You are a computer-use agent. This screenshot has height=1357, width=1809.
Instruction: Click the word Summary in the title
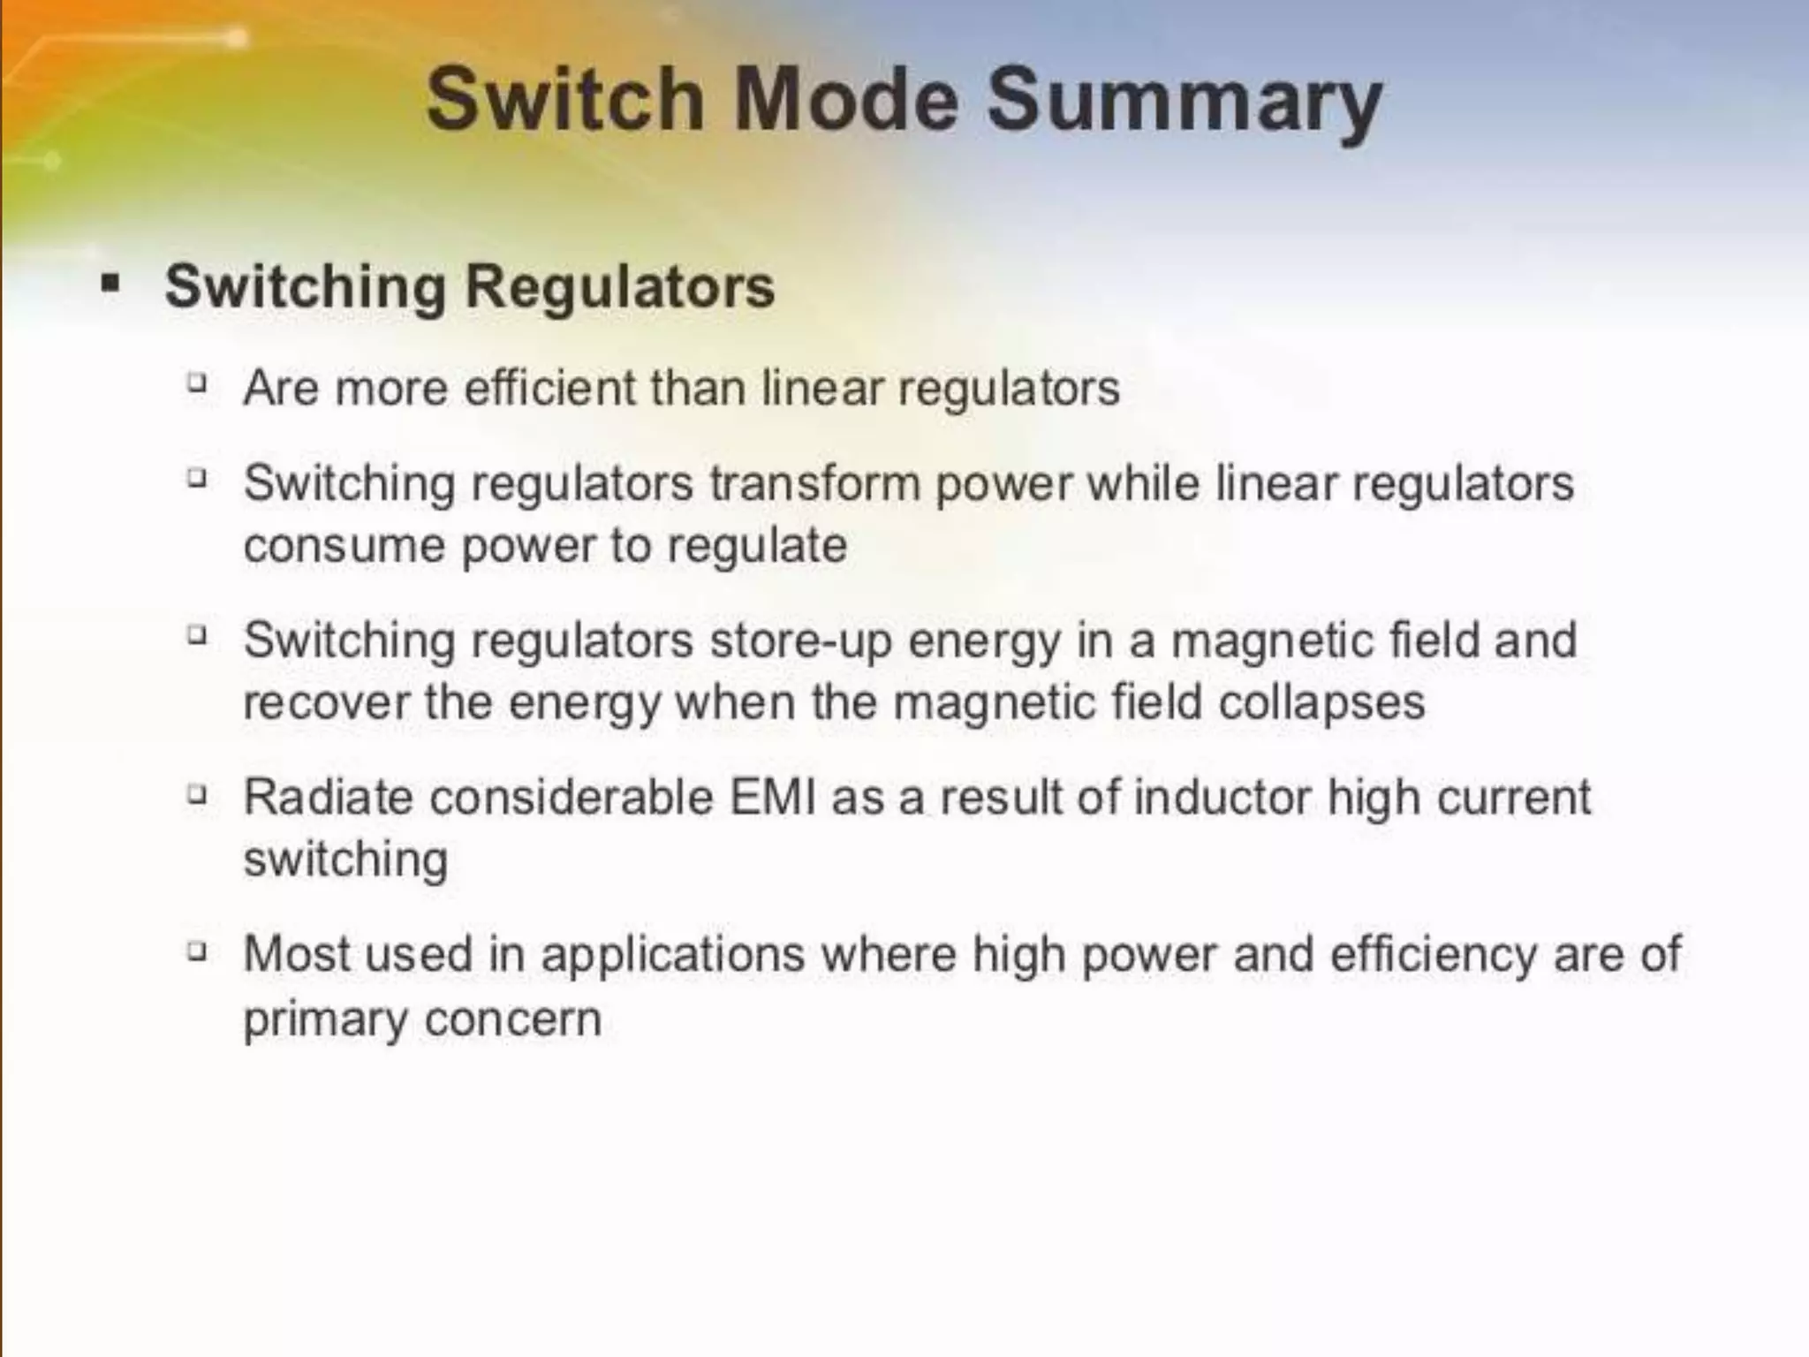(1185, 102)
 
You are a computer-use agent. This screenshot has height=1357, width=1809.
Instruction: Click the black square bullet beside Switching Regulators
(110, 284)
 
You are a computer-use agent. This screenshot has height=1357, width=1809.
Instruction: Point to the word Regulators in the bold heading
(619, 287)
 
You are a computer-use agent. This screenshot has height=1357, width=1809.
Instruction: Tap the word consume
(344, 545)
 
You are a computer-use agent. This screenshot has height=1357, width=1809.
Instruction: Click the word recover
(325, 703)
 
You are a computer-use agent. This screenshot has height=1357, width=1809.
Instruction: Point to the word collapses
(1321, 703)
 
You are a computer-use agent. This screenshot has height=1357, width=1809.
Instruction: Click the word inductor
(1222, 797)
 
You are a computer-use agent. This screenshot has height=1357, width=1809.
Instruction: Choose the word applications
(673, 954)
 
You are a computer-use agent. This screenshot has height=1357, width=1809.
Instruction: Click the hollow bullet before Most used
(198, 951)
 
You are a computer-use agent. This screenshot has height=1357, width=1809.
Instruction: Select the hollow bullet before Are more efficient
(198, 383)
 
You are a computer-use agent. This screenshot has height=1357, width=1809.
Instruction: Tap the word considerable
(571, 797)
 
